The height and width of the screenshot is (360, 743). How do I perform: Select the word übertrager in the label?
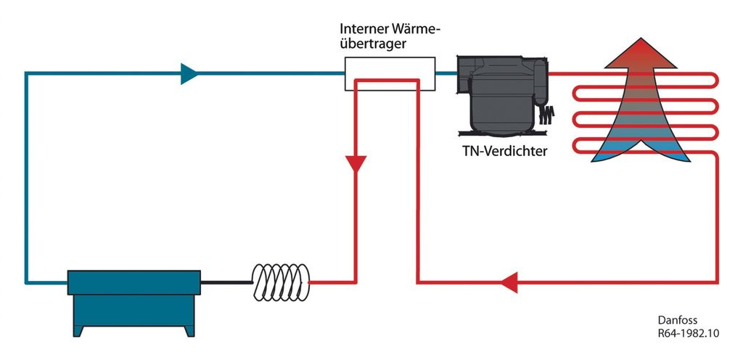pos(373,44)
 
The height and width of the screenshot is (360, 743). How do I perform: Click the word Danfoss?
pos(676,319)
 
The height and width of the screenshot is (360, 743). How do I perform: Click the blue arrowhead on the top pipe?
pos(189,73)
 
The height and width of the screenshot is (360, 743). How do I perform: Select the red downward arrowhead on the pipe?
pos(355,165)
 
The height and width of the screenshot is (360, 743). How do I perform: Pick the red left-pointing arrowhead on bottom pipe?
pos(510,281)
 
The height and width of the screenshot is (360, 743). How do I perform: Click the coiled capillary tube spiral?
pos(281,282)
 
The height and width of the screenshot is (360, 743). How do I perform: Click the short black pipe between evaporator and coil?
pos(225,282)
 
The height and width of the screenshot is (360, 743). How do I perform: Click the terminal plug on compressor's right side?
pos(546,115)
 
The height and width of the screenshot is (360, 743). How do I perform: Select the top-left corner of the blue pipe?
pos(27,74)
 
